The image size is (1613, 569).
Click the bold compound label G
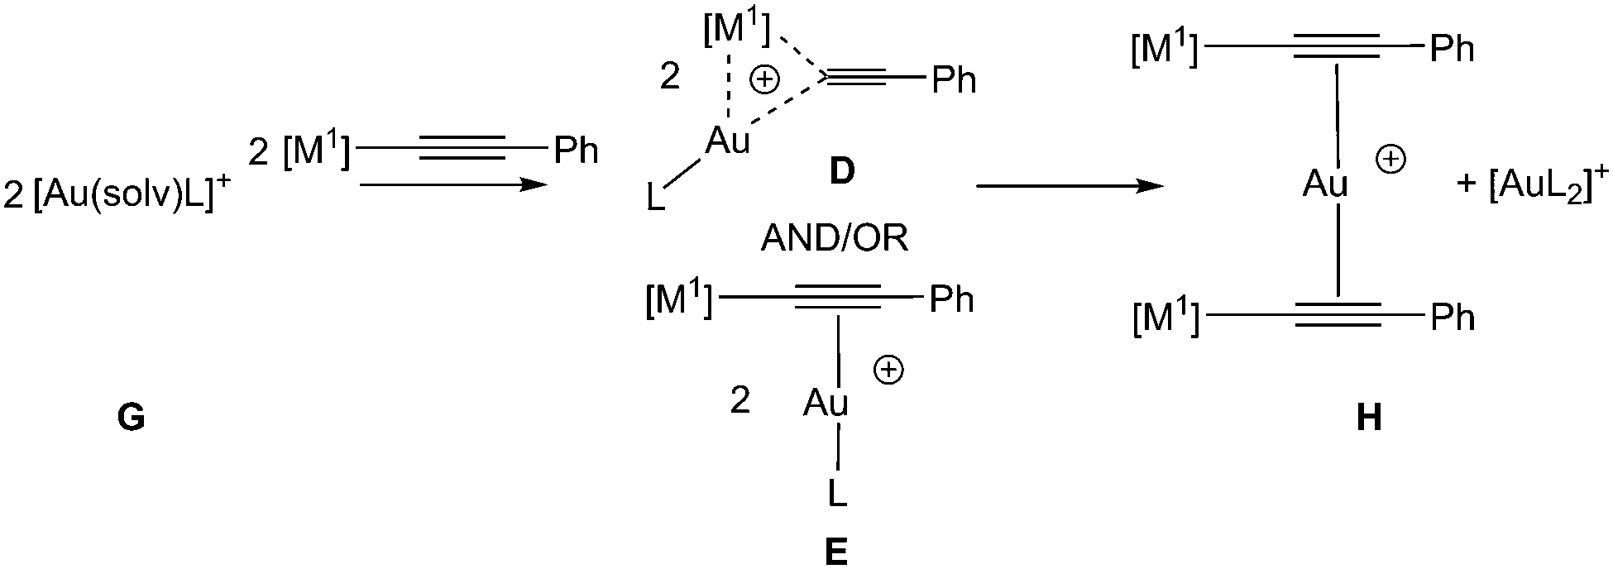[x=132, y=419]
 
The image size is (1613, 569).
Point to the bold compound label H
[x=1369, y=418]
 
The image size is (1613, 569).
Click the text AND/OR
[x=835, y=239]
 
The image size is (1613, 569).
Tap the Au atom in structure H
[x=1325, y=184]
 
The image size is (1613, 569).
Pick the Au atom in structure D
[x=727, y=142]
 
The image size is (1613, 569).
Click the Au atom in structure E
[x=826, y=404]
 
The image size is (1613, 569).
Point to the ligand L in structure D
[x=655, y=200]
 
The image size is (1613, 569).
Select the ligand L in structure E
[x=837, y=495]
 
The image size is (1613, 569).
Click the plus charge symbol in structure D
[x=764, y=79]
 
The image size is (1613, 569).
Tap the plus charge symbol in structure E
[x=889, y=371]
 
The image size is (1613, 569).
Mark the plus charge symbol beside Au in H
[x=1390, y=160]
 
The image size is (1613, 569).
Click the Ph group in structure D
[x=954, y=80]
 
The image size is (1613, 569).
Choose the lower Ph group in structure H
[x=1453, y=318]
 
